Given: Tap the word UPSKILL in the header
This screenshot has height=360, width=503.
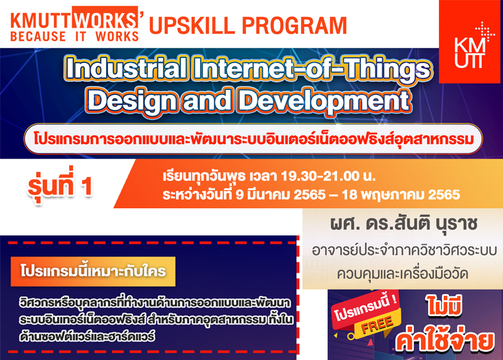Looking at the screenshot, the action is [192, 25].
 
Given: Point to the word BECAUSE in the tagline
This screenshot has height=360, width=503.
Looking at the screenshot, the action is [38, 37].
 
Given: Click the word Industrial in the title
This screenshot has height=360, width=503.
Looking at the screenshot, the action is [126, 69].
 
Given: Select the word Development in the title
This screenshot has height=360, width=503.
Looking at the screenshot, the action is [324, 101].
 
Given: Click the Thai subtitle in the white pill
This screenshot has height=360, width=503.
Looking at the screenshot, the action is [253, 139].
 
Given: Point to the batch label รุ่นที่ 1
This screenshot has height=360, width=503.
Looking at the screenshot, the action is [60, 186].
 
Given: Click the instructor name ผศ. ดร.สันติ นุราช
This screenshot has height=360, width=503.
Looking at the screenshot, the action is [404, 224].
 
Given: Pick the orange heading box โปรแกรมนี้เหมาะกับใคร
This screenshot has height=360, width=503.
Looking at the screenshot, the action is [93, 271].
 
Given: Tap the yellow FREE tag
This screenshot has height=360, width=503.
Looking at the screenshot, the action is [377, 324].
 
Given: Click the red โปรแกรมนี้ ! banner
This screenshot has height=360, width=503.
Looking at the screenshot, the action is [365, 308].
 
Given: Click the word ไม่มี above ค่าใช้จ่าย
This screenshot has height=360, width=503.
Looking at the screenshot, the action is [445, 305].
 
